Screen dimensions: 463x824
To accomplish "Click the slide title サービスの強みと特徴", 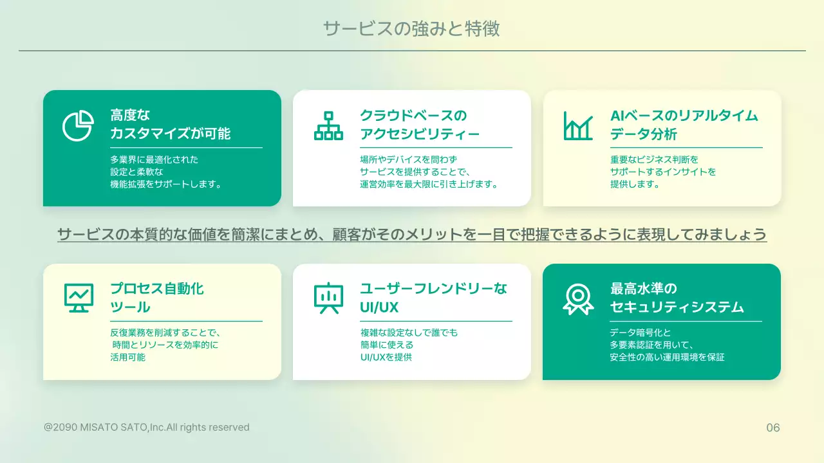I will coord(411,29).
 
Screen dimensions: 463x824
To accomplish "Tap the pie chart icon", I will coord(78,125).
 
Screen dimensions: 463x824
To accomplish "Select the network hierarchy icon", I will coord(328,125).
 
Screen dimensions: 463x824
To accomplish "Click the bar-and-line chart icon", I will coord(578,125).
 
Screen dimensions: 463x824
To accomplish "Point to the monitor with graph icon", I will coord(79,298).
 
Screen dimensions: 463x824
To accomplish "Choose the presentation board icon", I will coord(328,298).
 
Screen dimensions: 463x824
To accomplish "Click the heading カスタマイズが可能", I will coord(171,134).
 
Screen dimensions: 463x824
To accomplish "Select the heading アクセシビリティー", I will coord(420,134).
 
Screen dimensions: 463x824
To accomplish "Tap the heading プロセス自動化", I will coord(157,288).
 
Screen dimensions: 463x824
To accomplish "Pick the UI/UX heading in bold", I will coord(380,307).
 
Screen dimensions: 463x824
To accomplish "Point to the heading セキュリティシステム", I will coord(677,307).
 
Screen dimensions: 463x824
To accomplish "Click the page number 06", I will coord(772,428).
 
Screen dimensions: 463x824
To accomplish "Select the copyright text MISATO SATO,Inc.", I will coord(147,427).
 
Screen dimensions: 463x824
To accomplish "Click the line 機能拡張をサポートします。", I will coord(166,184).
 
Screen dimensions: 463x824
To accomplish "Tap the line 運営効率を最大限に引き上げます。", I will coord(429,184).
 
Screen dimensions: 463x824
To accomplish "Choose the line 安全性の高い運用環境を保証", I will coord(667,357).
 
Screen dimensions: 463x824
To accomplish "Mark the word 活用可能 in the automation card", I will coord(128,357).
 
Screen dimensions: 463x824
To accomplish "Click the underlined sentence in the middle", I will coord(412,235).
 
